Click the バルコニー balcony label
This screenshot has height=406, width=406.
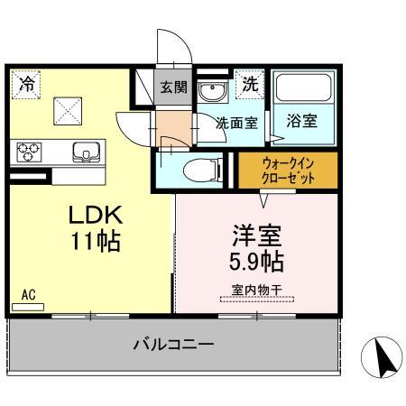173,344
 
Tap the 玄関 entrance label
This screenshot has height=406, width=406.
173,88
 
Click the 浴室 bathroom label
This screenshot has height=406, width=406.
302,119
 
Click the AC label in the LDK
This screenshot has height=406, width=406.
28,295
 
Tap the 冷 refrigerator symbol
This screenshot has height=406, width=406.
27,86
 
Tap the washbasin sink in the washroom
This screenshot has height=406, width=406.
213,94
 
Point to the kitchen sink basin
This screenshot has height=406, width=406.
88,152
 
